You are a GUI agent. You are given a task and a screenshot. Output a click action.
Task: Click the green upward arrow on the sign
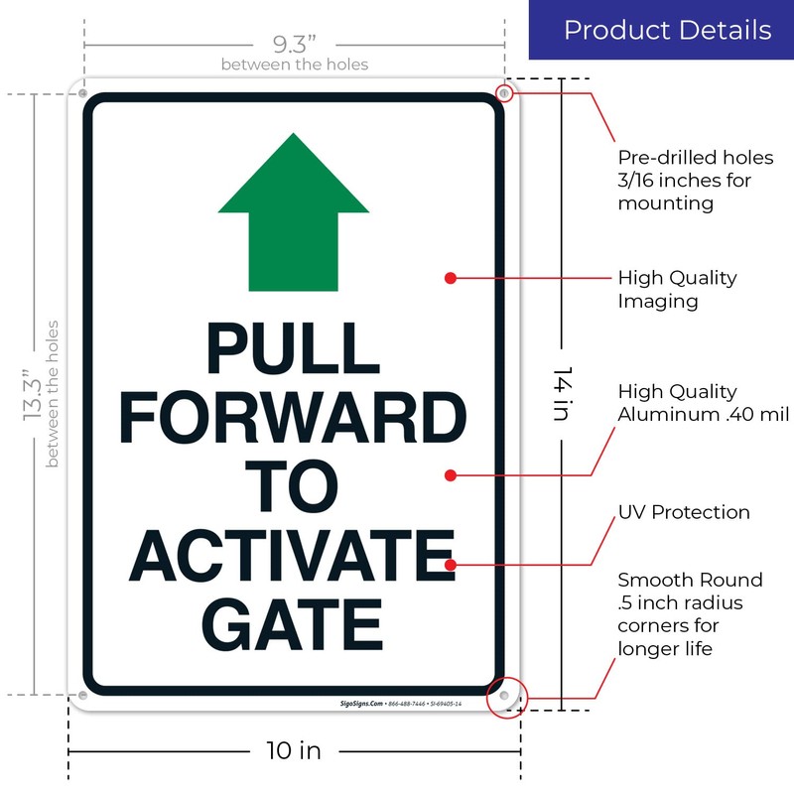294,212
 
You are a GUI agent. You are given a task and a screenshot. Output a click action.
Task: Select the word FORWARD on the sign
294,420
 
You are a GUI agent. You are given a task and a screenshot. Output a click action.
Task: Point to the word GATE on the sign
294,623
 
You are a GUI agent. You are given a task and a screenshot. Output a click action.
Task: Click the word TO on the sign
294,487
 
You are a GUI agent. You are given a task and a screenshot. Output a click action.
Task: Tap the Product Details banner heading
667,30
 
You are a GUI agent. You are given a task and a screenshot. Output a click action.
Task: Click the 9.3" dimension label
294,45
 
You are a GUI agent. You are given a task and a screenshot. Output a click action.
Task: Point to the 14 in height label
563,395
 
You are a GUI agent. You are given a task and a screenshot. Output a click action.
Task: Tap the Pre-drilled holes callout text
695,181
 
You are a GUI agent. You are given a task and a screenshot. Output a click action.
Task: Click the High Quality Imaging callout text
677,289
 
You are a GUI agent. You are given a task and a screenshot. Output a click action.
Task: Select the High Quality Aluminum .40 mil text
703,403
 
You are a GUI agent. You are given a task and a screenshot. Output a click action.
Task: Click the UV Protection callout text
684,513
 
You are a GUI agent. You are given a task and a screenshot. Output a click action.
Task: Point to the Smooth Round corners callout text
690,614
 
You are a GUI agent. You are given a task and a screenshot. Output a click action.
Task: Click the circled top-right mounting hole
505,93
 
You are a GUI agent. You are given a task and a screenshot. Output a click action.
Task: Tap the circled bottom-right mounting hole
504,697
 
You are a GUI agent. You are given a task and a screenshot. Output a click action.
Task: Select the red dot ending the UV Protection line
451,565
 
